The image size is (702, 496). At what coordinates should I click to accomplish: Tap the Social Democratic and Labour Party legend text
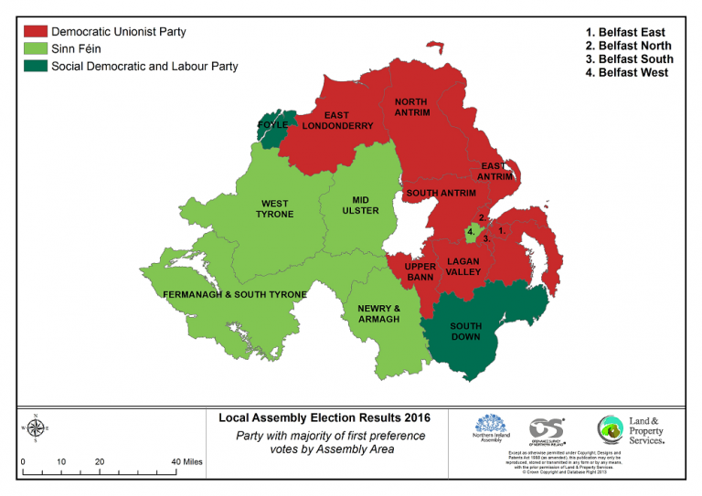[x=144, y=66]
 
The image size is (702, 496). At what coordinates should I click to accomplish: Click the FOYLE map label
[x=272, y=124]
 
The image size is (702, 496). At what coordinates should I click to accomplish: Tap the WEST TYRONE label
[x=275, y=209]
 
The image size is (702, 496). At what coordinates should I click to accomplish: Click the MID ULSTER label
[x=359, y=205]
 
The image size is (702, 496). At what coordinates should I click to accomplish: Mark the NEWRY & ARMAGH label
[x=378, y=313]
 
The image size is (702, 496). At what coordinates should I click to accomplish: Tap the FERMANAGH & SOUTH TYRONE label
[x=234, y=295]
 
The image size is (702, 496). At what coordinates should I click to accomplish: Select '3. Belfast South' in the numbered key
[x=629, y=59]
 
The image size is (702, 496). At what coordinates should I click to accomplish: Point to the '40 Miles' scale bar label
[x=186, y=462]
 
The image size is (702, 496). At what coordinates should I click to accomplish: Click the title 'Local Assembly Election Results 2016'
[x=324, y=418]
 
